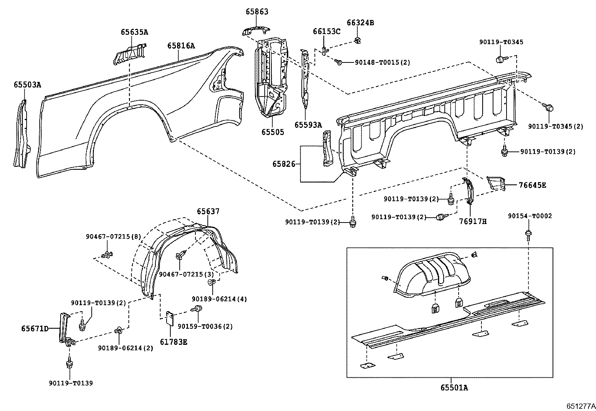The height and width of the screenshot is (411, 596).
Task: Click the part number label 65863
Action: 257,12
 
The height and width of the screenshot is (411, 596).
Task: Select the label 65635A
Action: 134,32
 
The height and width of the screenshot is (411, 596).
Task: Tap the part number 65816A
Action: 181,46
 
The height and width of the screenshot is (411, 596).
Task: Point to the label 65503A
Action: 27,85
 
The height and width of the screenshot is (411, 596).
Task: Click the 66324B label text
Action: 360,22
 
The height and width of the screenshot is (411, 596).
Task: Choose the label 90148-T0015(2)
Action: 382,62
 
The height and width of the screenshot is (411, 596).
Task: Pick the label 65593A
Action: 308,125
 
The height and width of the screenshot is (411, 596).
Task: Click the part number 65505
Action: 273,132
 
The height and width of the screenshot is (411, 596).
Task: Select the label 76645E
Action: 532,185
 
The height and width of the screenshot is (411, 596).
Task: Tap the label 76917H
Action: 473,221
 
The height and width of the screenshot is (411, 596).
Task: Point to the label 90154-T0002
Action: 530,216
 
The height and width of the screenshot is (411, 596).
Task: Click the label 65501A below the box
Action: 454,387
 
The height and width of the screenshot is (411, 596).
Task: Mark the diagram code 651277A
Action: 580,405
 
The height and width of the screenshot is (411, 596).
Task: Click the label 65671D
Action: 35,328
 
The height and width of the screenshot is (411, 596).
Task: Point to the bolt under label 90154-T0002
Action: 529,234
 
